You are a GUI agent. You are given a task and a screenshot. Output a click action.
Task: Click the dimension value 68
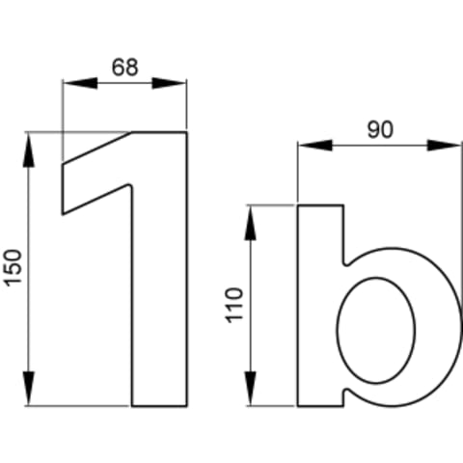(125, 68)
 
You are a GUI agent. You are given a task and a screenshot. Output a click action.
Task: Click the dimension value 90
(380, 130)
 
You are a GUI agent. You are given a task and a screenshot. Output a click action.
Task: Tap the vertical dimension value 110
(234, 306)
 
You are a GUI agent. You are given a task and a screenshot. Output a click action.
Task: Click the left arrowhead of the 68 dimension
(80, 83)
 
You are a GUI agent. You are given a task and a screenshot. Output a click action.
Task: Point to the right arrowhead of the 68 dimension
(170, 83)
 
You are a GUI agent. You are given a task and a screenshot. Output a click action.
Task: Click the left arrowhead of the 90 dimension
(315, 146)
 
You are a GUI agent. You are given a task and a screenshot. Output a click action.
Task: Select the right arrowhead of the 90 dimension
(445, 146)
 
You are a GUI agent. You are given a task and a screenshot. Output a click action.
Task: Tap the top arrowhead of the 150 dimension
(29, 150)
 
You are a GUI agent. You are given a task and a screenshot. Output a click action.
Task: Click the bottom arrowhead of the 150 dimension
(29, 389)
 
